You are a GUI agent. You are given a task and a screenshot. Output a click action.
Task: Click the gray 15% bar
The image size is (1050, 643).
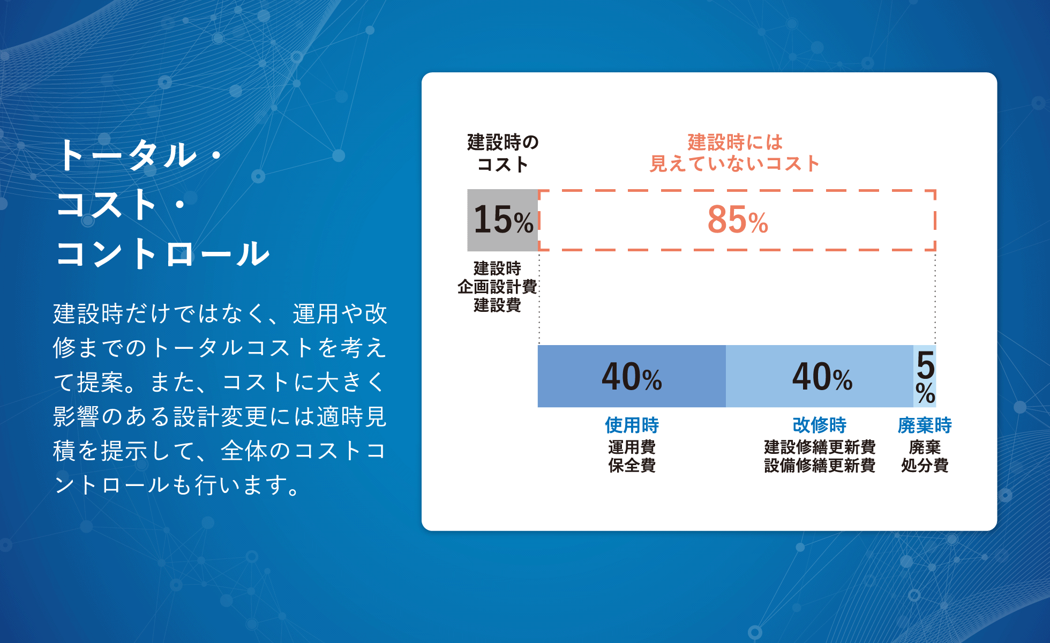[x=502, y=220]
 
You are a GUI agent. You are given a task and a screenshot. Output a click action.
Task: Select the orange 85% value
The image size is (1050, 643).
[x=738, y=220]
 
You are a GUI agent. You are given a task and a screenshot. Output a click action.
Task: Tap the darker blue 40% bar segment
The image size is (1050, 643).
[x=632, y=376]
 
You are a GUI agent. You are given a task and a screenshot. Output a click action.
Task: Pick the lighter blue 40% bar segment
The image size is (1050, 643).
[x=820, y=376]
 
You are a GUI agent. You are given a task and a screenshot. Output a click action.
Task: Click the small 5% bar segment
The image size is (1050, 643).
[x=925, y=376]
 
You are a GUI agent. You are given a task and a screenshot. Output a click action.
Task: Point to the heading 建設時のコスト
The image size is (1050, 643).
[x=502, y=153]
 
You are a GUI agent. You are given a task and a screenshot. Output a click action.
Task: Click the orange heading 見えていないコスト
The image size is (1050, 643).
[x=734, y=163]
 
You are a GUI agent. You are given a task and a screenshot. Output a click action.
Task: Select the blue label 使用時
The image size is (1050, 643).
[x=632, y=425]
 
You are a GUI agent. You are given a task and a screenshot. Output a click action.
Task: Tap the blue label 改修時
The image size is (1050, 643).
[x=820, y=425]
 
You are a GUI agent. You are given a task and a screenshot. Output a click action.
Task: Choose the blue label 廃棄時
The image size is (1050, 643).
[x=925, y=425]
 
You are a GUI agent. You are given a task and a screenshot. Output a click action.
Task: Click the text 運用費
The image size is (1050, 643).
[x=632, y=447]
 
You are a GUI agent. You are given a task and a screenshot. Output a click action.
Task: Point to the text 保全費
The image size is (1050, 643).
[x=632, y=465]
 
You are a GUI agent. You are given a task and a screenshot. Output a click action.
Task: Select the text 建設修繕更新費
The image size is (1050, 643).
[x=820, y=447]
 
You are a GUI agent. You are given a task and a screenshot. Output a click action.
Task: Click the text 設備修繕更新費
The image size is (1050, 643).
[x=820, y=465]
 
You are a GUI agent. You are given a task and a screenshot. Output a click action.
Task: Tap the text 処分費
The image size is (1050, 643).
[x=925, y=465]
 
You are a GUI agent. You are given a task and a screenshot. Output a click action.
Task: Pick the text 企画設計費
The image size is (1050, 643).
[x=497, y=287]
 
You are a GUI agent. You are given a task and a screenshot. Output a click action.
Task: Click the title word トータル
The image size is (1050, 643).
[x=127, y=155]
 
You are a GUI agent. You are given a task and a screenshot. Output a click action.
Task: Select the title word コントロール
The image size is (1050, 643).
[x=163, y=253]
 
